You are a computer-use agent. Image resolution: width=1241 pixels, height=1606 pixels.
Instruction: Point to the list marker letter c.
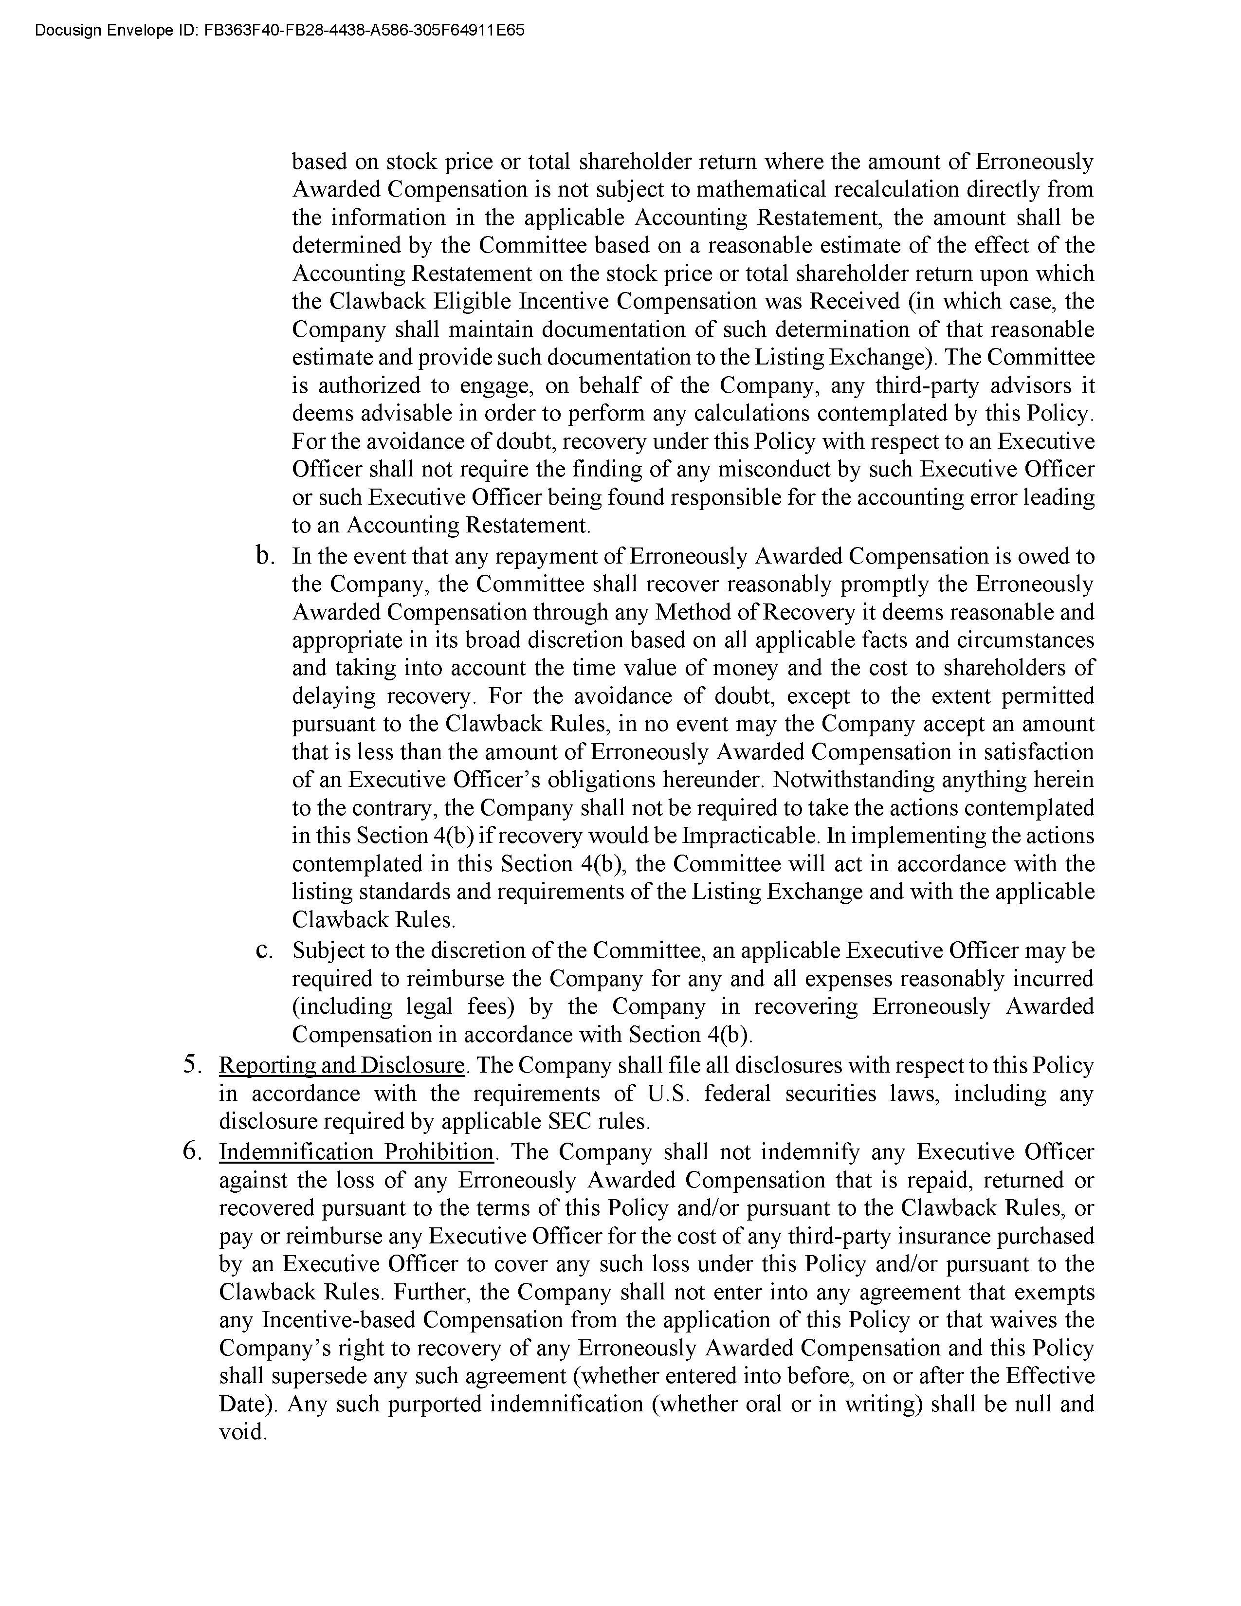264,951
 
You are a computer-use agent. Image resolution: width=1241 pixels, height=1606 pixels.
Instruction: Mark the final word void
242,1432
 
